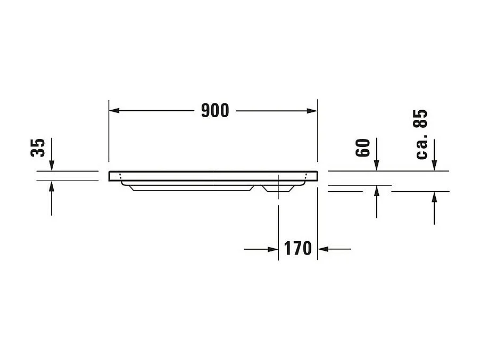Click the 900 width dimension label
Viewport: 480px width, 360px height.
(x=215, y=110)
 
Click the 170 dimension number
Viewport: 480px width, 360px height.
(x=297, y=248)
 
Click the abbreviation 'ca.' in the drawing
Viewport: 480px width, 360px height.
(x=421, y=149)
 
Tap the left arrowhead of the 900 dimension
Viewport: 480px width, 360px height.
(x=113, y=110)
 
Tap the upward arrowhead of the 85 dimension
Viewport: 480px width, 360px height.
(x=434, y=195)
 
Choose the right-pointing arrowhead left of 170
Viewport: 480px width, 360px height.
(x=274, y=249)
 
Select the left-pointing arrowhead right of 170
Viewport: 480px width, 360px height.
(x=322, y=249)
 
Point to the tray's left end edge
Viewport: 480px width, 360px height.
(x=109, y=176)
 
